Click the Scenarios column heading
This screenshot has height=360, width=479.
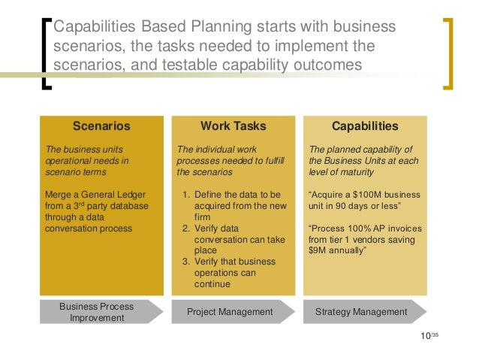101,126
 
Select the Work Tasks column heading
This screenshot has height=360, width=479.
233,126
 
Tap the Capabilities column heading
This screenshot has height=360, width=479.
365,126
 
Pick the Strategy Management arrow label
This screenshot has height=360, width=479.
361,312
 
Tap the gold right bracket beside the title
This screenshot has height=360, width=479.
447,53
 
